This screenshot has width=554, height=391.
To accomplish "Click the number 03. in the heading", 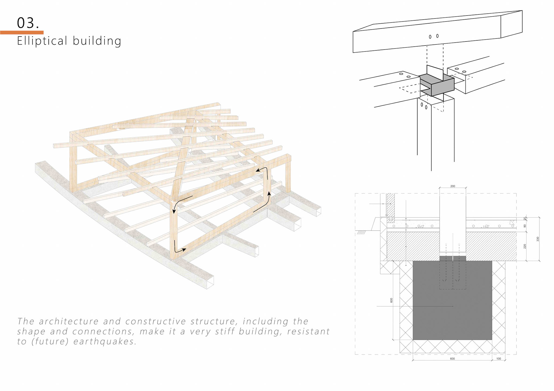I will (28, 23).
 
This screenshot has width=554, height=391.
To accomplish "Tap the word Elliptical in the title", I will (42, 41).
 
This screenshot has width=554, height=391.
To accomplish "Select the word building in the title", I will (97, 41).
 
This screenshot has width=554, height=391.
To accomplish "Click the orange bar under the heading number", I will (22, 33).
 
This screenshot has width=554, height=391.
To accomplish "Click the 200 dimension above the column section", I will (453, 186).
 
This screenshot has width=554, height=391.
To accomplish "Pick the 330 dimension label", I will (538, 239).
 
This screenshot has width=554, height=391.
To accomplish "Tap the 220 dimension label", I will (525, 246).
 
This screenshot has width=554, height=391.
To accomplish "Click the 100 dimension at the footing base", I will (499, 359).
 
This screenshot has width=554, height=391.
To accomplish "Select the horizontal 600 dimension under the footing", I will (452, 359).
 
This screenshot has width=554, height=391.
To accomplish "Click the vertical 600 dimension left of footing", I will (392, 300).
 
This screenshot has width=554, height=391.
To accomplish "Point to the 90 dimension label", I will (525, 226).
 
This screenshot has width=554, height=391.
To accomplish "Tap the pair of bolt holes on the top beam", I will (434, 36).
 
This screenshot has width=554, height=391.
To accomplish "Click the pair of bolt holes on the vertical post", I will (424, 106).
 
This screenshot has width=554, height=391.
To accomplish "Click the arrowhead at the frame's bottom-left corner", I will (184, 250).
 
